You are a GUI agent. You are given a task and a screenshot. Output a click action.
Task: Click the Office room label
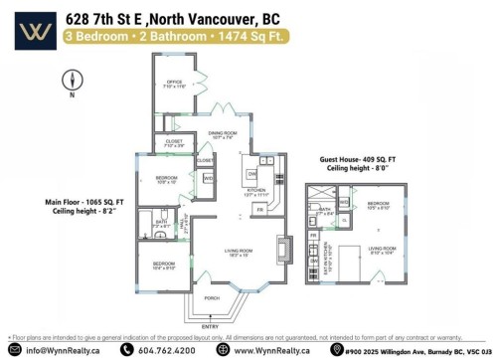tap(174, 83)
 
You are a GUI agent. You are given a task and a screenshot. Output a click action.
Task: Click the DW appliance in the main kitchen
tap(251, 173)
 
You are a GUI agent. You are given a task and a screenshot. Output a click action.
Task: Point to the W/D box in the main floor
tap(209, 178)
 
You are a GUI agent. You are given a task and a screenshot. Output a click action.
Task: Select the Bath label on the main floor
tap(161, 223)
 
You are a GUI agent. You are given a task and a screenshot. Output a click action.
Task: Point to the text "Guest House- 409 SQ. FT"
tap(359, 158)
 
